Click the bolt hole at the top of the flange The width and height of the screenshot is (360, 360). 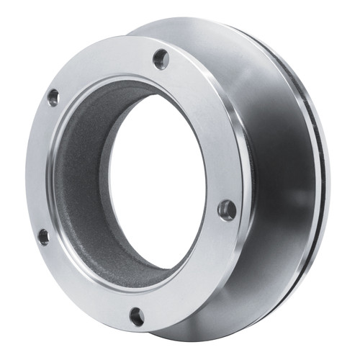tap(161, 58)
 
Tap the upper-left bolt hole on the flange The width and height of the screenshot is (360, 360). tap(53, 97)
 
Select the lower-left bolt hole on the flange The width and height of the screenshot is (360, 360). tap(44, 236)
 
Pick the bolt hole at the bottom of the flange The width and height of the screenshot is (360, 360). tap(136, 315)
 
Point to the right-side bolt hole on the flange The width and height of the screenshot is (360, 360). tap(227, 210)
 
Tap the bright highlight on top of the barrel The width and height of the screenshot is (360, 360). tap(216, 43)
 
